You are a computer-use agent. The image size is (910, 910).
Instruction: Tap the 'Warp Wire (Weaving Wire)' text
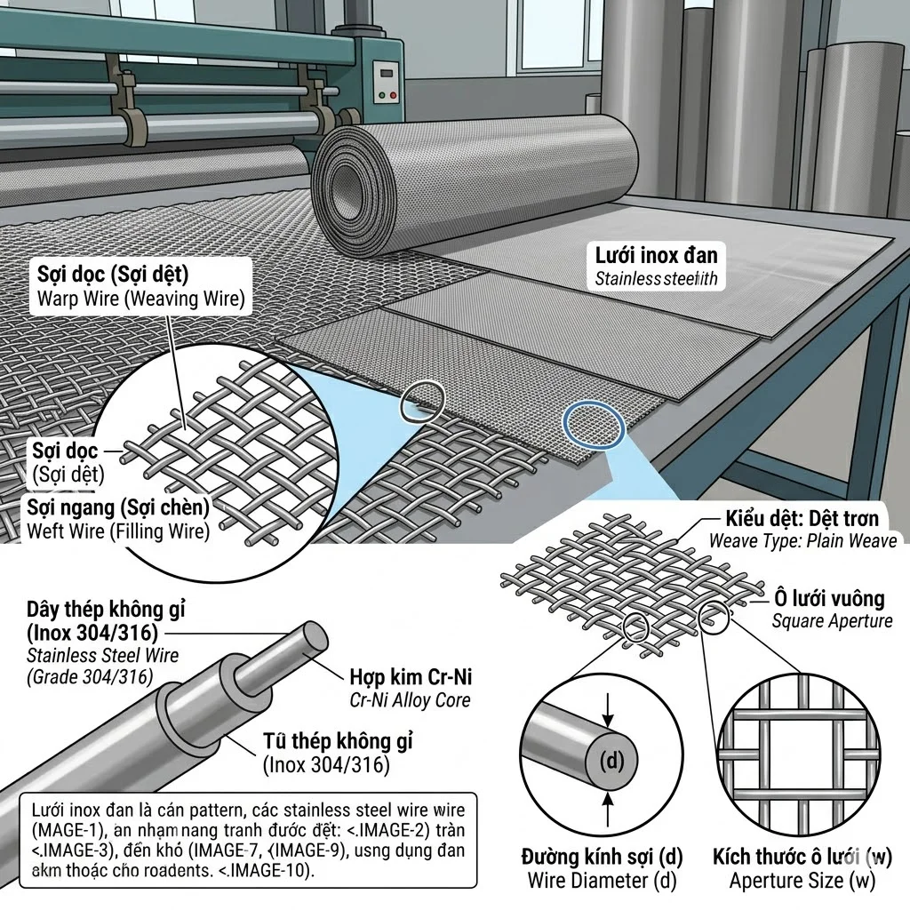pos(140,299)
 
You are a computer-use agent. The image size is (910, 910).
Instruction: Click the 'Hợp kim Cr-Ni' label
pos(412,677)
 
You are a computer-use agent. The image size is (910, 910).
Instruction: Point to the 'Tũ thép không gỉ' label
pos(338,741)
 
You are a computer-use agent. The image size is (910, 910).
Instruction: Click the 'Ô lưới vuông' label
pos(827,599)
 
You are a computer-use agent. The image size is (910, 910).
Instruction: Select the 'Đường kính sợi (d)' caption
pos(602,858)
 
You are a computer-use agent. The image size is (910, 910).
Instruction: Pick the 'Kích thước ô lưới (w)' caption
pos(802,858)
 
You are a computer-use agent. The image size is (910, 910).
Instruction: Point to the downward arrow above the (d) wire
pos(608,706)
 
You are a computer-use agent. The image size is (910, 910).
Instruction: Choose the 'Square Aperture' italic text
pos(832,621)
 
